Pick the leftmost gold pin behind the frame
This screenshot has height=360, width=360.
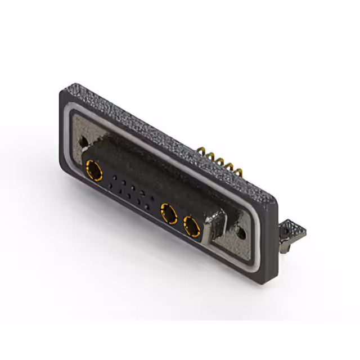pos(201,151)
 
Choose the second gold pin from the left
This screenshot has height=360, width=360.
pos(210,156)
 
